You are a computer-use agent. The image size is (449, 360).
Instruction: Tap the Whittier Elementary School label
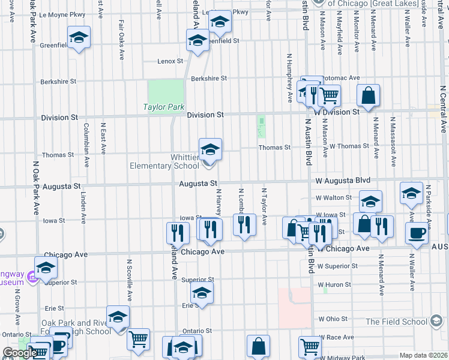click(165, 162)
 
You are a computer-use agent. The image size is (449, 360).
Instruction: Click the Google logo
click(19, 353)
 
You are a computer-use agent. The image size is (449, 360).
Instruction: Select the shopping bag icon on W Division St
click(368, 95)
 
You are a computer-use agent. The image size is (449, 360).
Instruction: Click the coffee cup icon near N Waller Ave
click(417, 233)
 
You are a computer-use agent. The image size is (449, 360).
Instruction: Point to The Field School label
click(397, 322)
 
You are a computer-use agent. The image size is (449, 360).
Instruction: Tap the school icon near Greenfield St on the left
click(79, 38)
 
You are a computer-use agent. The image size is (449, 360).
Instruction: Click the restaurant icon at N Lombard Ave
click(244, 225)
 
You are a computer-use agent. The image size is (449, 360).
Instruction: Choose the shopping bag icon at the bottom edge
click(258, 347)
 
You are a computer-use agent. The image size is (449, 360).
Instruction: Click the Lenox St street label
click(170, 61)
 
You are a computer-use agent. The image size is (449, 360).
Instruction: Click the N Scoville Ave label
click(129, 280)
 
